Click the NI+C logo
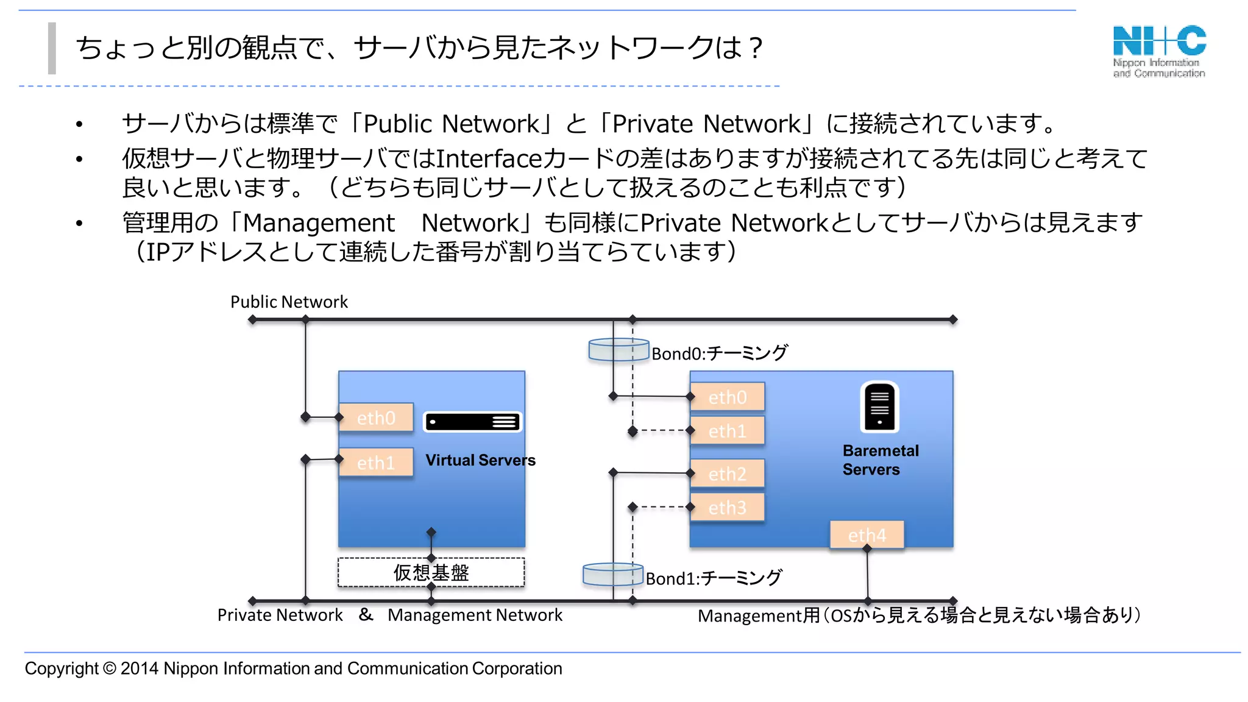(x=1159, y=51)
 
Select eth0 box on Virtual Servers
(x=376, y=417)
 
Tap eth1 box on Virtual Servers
(x=376, y=463)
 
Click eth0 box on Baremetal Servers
(x=728, y=397)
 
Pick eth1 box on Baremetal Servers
(x=728, y=431)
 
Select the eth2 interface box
(x=728, y=473)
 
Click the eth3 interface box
(x=728, y=507)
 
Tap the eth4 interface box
(x=867, y=534)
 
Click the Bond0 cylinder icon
(x=618, y=350)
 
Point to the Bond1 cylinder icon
(x=612, y=574)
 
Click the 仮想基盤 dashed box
(x=431, y=573)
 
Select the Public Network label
(x=289, y=302)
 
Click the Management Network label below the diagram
(x=475, y=615)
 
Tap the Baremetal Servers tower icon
(x=879, y=406)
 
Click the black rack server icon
(x=472, y=422)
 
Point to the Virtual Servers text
(x=480, y=460)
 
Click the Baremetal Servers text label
(x=880, y=460)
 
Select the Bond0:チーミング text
(x=720, y=353)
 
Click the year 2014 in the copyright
(x=140, y=668)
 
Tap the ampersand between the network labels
(x=366, y=614)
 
